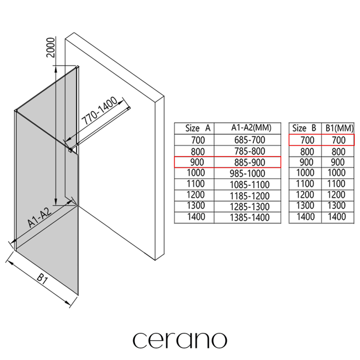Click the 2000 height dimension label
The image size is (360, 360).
[51, 47]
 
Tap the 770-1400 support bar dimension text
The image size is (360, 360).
[99, 111]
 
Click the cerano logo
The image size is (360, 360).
[180, 340]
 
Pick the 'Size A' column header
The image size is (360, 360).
[198, 128]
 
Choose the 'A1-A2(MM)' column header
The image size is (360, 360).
[251, 128]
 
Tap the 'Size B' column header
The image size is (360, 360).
[304, 128]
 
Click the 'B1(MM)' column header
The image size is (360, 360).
[339, 128]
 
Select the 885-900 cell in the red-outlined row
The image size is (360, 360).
[250, 162]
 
